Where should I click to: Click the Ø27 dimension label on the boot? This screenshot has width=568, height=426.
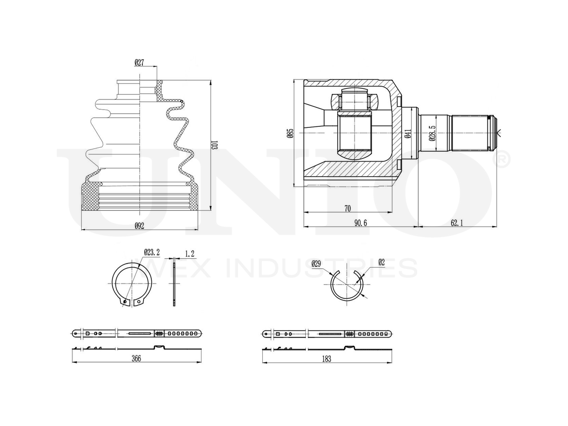click(x=139, y=63)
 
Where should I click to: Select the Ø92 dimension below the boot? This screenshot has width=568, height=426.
click(x=139, y=225)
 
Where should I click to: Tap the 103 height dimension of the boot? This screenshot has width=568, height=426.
click(x=214, y=145)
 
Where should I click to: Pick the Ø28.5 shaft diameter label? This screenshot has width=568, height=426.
click(x=431, y=133)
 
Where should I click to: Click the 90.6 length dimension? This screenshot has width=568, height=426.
click(x=360, y=223)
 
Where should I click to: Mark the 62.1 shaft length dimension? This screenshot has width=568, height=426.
click(x=457, y=223)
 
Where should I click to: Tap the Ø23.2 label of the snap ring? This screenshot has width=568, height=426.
click(x=151, y=252)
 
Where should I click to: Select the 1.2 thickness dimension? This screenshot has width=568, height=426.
click(x=190, y=254)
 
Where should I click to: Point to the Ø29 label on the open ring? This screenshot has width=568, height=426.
click(x=316, y=263)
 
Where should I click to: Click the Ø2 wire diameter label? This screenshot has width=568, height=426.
click(x=381, y=262)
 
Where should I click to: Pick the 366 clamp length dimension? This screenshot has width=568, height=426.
click(x=136, y=359)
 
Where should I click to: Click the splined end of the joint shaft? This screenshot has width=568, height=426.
click(x=473, y=133)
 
